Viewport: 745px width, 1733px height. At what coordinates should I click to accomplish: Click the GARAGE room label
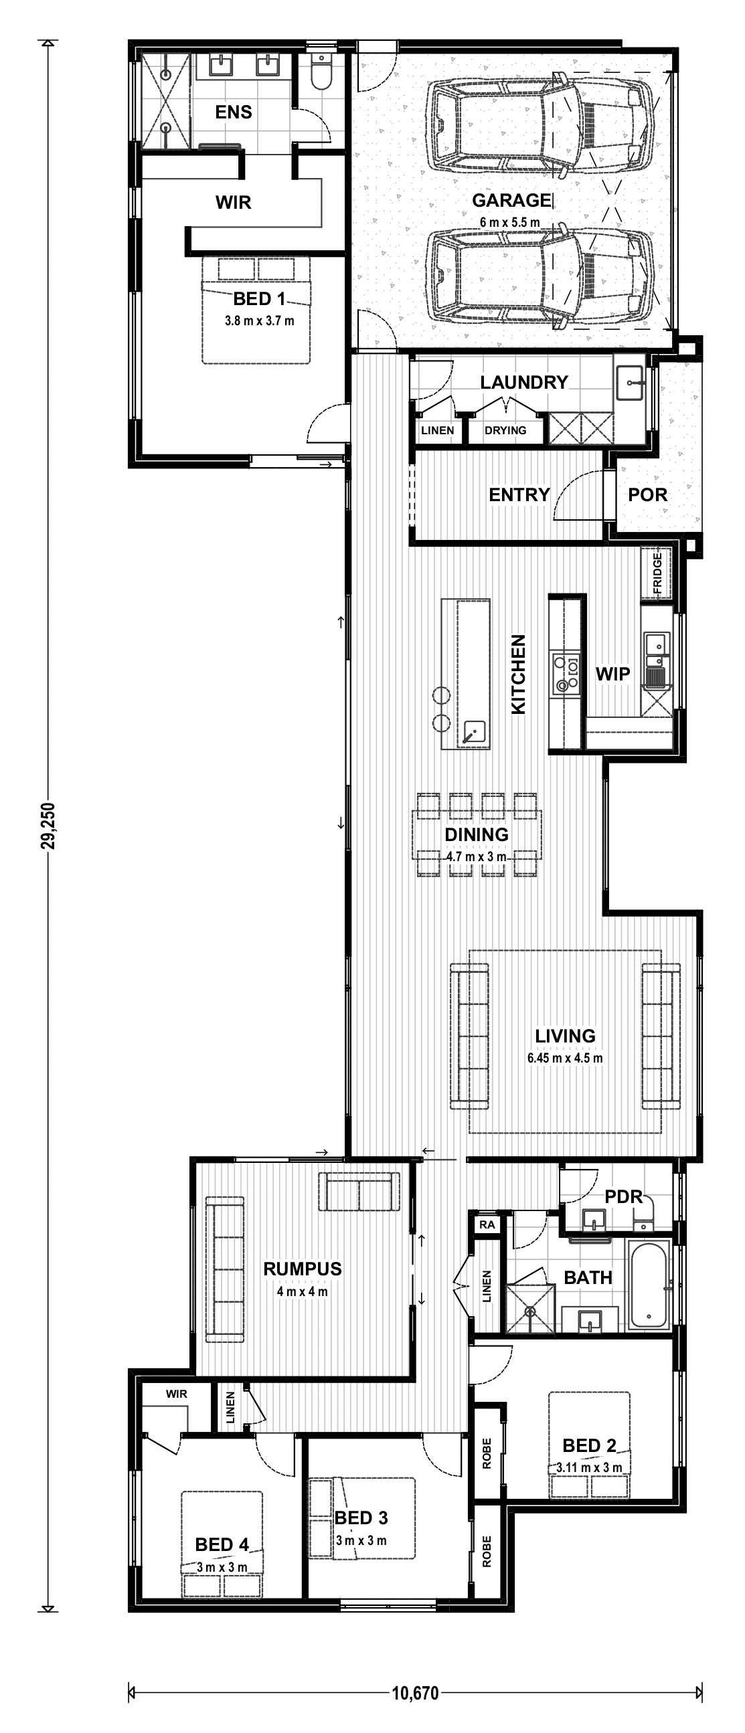point(511,201)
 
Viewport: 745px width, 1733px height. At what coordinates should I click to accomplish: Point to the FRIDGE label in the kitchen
point(657,574)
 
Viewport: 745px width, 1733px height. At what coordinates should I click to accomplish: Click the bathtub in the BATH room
point(649,1284)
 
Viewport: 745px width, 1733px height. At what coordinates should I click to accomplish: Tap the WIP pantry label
point(612,673)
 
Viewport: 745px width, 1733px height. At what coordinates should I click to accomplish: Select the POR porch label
point(647,494)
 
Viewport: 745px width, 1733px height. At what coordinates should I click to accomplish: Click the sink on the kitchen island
point(474,731)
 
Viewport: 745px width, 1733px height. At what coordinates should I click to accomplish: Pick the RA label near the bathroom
point(487,1224)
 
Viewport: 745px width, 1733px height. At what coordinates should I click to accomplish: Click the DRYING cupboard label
point(505,430)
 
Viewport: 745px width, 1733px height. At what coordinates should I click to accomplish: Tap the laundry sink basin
point(631,383)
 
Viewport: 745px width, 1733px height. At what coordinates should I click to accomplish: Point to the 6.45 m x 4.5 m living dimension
point(565,1058)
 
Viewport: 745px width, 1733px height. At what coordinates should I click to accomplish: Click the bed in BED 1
point(256,309)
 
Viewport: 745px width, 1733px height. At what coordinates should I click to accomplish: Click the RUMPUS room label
point(302,1269)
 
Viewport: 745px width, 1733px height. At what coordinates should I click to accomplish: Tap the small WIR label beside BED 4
point(176,1394)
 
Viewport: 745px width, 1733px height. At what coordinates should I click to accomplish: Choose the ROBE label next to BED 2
point(487,1453)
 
